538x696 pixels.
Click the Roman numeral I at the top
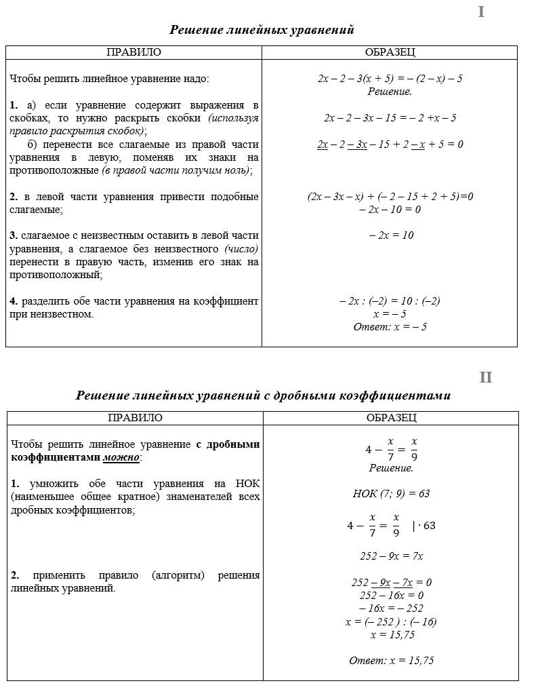[481, 12]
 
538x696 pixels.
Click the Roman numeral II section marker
[485, 378]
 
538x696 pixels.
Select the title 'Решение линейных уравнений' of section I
[262, 30]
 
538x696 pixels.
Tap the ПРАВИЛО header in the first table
[134, 52]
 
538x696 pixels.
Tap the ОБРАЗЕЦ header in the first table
[390, 52]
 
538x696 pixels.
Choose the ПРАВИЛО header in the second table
[135, 418]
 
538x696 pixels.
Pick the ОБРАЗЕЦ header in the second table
[391, 418]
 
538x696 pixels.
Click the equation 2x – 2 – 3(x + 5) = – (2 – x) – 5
[390, 79]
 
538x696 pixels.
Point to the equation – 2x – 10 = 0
[390, 210]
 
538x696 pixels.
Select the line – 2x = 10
[391, 235]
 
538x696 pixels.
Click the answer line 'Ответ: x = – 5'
[390, 327]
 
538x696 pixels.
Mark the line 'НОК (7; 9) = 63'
[391, 494]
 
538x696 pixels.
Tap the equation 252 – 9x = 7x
[391, 556]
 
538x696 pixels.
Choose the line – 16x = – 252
[391, 608]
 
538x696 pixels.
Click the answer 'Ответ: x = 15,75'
[391, 661]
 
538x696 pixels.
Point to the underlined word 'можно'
[121, 458]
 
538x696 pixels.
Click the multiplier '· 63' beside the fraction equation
[426, 526]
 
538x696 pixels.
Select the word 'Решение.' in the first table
[390, 92]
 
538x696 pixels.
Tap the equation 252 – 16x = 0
[391, 596]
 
